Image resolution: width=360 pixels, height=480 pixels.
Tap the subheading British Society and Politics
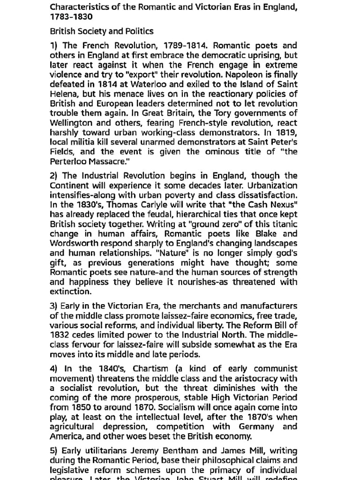102,31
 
